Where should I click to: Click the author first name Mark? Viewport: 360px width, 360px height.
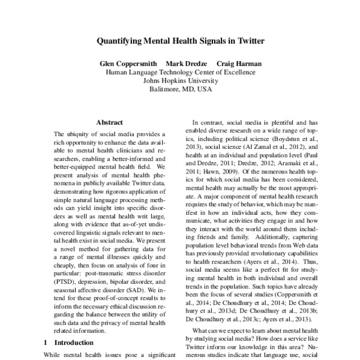178,64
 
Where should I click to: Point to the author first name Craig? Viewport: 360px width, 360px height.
229,64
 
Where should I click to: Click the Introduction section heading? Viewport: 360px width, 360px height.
74,343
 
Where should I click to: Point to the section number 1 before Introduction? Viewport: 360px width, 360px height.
46,343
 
